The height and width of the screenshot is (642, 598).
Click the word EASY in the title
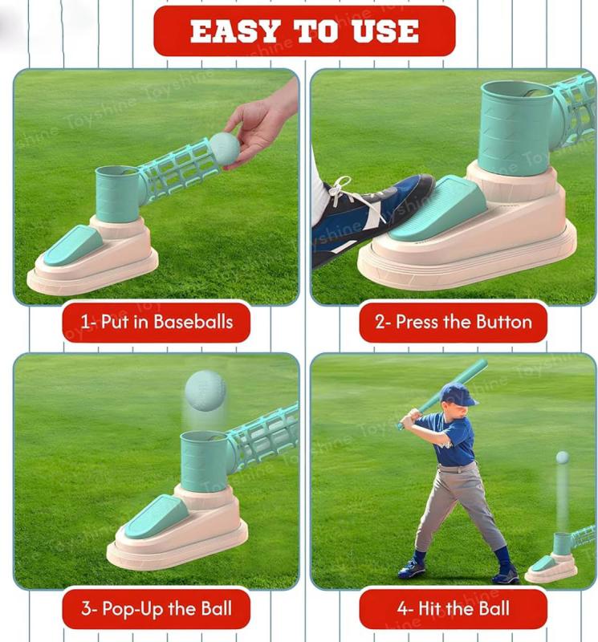pos(234,31)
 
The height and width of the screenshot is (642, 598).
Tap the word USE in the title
pos(385,31)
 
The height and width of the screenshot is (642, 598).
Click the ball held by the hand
pos(225,148)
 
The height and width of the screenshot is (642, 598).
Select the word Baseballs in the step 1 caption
pos(193,322)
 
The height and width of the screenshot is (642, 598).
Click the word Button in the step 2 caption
pos(504,322)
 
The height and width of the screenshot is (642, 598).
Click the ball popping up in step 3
pos(205,390)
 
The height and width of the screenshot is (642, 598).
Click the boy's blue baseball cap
pos(458,394)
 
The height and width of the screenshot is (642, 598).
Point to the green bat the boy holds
pos(442,393)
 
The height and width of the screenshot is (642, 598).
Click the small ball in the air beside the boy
pos(563,457)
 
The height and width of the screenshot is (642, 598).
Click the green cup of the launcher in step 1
pos(119,193)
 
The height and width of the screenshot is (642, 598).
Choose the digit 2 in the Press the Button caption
pos(380,323)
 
